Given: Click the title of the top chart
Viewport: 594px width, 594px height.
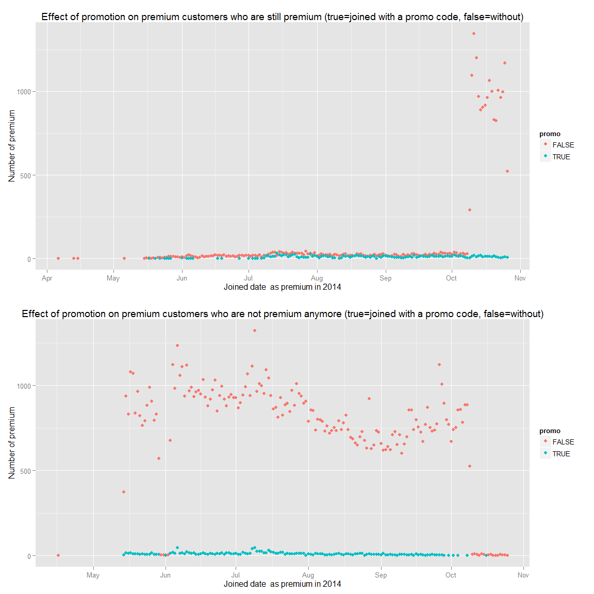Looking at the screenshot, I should click(282, 17).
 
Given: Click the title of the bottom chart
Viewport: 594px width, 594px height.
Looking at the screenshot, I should click(282, 314).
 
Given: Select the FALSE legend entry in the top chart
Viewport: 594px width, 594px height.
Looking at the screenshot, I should click(563, 145).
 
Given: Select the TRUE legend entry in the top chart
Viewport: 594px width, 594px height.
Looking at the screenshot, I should click(560, 157).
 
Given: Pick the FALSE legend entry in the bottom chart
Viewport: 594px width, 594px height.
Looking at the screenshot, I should click(563, 442).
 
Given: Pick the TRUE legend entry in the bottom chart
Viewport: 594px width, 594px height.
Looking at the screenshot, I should click(560, 454).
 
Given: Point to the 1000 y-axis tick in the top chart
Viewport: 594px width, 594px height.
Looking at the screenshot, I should click(24, 92).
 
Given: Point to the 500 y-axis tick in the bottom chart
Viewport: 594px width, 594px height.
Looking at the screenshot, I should click(25, 471).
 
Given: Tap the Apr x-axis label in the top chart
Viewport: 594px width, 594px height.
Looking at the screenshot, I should click(47, 278).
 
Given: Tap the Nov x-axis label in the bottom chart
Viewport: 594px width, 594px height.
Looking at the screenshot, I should click(523, 575).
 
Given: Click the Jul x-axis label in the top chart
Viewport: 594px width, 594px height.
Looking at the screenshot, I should click(248, 278).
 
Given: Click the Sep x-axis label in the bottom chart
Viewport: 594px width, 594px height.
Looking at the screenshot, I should click(381, 575).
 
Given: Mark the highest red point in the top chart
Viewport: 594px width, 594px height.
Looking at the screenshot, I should click(474, 34).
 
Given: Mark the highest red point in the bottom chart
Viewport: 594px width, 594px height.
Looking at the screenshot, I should click(255, 331).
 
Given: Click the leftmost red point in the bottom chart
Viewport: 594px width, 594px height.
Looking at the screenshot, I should click(58, 555).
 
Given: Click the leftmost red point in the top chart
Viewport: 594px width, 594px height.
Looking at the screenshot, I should click(58, 258).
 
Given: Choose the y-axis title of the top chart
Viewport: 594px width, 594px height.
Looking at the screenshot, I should click(12, 146).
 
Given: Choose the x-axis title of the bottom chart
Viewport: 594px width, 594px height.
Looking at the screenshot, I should click(282, 584).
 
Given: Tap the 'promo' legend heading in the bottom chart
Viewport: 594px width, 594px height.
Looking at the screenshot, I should click(550, 431).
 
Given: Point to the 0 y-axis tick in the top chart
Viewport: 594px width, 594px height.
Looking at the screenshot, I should click(29, 259).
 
